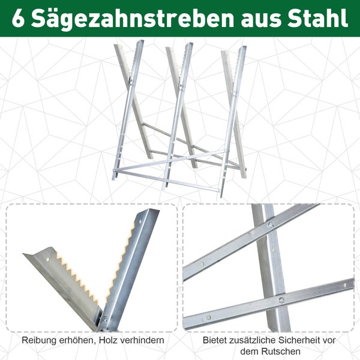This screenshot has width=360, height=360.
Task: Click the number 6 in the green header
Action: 19,18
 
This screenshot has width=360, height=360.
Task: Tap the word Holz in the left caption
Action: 105,340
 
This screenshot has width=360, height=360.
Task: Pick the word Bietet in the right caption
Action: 215,340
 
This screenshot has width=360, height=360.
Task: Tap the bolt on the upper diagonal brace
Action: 270,225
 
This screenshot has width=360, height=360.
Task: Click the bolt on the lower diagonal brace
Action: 281,299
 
